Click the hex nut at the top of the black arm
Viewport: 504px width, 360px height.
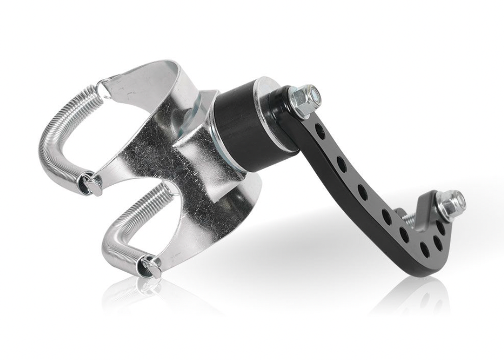pos(303,97)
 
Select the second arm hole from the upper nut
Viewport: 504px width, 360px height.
pos(341,164)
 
